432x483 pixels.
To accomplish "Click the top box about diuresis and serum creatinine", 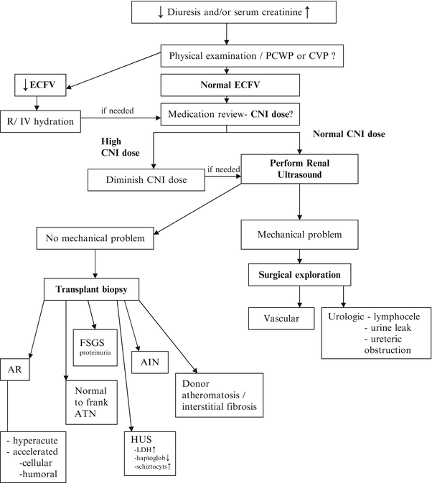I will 226,12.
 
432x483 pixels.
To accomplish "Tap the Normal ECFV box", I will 227,86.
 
